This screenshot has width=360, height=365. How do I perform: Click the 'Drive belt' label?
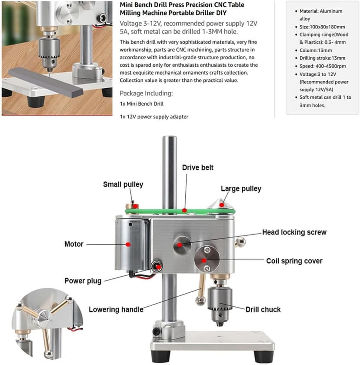[197, 167]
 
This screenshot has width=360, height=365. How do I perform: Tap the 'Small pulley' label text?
[123, 184]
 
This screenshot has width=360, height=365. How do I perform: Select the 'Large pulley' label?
[241, 188]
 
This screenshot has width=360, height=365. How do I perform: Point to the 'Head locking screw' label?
[294, 232]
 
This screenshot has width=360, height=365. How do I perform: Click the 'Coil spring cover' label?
[294, 261]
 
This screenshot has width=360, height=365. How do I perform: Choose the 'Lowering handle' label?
[116, 309]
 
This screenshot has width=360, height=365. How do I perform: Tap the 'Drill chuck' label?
[263, 309]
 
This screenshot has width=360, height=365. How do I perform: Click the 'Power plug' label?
[83, 281]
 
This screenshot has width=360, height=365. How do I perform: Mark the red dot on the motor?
[128, 244]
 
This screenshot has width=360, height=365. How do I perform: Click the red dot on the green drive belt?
[184, 211]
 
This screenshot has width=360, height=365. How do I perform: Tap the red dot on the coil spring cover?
[204, 261]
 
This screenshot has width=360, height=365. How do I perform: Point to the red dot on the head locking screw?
[180, 245]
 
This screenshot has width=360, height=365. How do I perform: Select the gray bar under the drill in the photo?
[46, 82]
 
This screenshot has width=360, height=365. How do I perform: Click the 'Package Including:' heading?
[146, 94]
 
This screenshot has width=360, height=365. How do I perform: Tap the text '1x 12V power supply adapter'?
[154, 117]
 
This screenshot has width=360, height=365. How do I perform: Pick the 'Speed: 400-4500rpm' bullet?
[323, 66]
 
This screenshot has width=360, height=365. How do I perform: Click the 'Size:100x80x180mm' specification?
[322, 27]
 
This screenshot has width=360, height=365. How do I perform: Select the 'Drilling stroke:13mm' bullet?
[322, 58]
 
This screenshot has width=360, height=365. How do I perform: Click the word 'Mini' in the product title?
[126, 5]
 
